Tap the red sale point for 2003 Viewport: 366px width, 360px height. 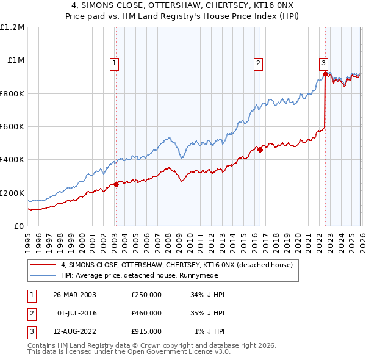pos(116,184)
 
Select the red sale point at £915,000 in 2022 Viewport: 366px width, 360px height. pos(325,74)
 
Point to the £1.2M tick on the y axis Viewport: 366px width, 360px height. pos(12,27)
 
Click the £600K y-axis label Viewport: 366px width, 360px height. pos(12,127)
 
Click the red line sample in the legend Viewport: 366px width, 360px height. pos(43,265)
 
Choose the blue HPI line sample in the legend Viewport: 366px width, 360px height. pos(43,276)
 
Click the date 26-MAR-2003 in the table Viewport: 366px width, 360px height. pos(74,295)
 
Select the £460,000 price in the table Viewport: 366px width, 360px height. pos(146,313)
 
